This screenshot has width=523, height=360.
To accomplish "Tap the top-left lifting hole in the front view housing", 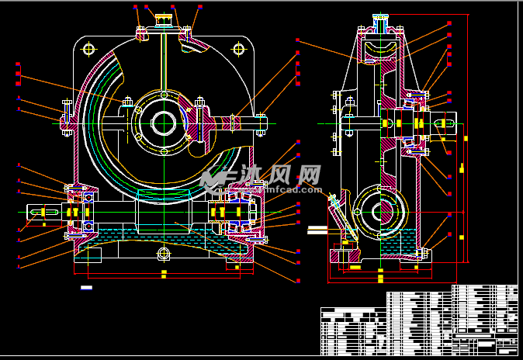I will pyautogui.click(x=88, y=50).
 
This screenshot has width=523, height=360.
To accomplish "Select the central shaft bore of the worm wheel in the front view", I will pyautogui.click(x=164, y=122).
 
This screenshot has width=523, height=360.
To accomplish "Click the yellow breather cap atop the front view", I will pyautogui.click(x=164, y=17).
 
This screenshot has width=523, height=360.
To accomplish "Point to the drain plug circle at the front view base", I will pyautogui.click(x=164, y=254).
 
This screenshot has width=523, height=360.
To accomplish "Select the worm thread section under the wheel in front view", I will pyautogui.click(x=163, y=199).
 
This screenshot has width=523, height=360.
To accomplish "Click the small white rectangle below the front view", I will pyautogui.click(x=86, y=287).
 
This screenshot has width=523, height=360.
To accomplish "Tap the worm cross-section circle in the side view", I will pyautogui.click(x=381, y=210).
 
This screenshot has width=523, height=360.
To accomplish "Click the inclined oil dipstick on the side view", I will pyautogui.click(x=342, y=216).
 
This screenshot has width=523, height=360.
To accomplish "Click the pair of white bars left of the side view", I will pyautogui.click(x=318, y=229).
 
